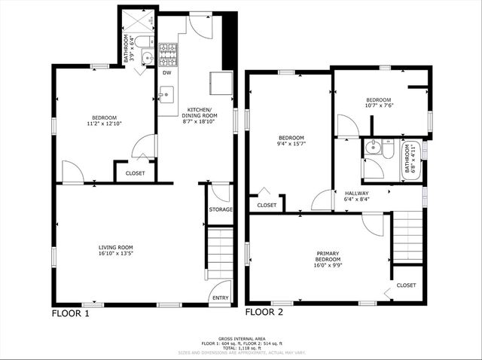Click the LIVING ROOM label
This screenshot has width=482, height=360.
[115, 248]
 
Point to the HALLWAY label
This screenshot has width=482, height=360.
[356, 193]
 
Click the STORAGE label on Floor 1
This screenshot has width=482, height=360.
[221, 209]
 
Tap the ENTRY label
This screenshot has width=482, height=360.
[221, 298]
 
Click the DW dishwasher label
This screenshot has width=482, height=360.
[166, 73]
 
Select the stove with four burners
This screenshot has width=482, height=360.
[169, 52]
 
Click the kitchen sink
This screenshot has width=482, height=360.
[166, 94]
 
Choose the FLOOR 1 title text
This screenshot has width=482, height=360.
[70, 313]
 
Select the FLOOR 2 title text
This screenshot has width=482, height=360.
[264, 312]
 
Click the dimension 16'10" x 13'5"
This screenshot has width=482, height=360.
[115, 255]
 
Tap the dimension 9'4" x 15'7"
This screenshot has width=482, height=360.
[291, 144]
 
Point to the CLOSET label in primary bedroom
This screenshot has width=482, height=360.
[406, 285]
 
